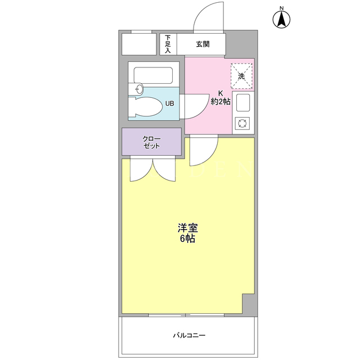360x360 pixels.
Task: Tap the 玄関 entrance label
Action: pyautogui.click(x=202, y=44)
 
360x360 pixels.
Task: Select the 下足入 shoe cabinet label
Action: pyautogui.click(x=168, y=44)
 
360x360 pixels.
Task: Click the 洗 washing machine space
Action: pyautogui.click(x=241, y=76)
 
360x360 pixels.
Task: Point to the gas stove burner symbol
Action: pyautogui.click(x=242, y=123)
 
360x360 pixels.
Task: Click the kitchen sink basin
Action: pyautogui.click(x=243, y=102)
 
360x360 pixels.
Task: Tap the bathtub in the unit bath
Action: pyautogui.click(x=154, y=75)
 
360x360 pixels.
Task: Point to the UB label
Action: pyautogui.click(x=170, y=103)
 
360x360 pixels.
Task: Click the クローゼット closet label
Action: pyautogui.click(x=151, y=142)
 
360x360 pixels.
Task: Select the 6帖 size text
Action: pyautogui.click(x=187, y=238)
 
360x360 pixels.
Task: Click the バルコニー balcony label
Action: pyautogui.click(x=189, y=336)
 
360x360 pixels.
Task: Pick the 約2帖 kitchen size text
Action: pyautogui.click(x=220, y=101)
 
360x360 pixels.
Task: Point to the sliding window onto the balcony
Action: pyautogui.click(x=186, y=315)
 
